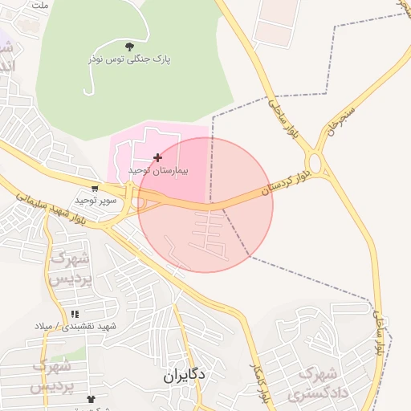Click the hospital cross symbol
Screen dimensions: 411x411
click(157, 157)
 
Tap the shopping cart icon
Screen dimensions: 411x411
click(96, 189)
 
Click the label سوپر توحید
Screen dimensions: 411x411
click(96, 199)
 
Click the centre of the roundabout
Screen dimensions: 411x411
click(315, 165)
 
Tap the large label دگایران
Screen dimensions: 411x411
click(185, 375)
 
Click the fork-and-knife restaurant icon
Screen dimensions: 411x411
click(75, 314)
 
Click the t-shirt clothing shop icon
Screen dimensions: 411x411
click(91, 397)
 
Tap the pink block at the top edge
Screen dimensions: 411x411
click(277, 20)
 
